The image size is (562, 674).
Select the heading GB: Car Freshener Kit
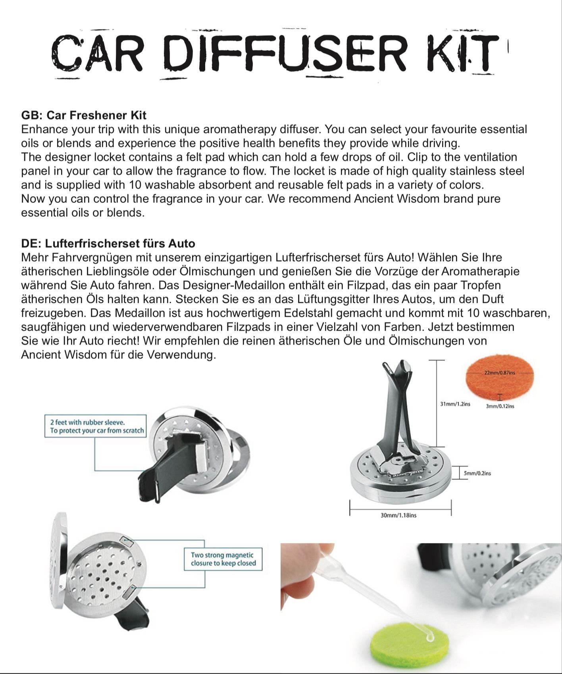(x=84, y=116)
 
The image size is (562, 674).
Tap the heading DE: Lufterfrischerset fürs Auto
(x=108, y=243)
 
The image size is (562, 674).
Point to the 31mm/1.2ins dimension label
(x=455, y=404)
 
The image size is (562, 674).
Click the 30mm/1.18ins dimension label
(x=398, y=515)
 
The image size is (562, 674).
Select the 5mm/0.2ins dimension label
(x=477, y=473)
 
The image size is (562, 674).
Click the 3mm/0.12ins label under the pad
(x=500, y=406)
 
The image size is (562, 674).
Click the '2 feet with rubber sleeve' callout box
(x=95, y=426)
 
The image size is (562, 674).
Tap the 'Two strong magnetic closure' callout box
(x=223, y=559)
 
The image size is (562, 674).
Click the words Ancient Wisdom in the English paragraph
(x=396, y=199)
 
